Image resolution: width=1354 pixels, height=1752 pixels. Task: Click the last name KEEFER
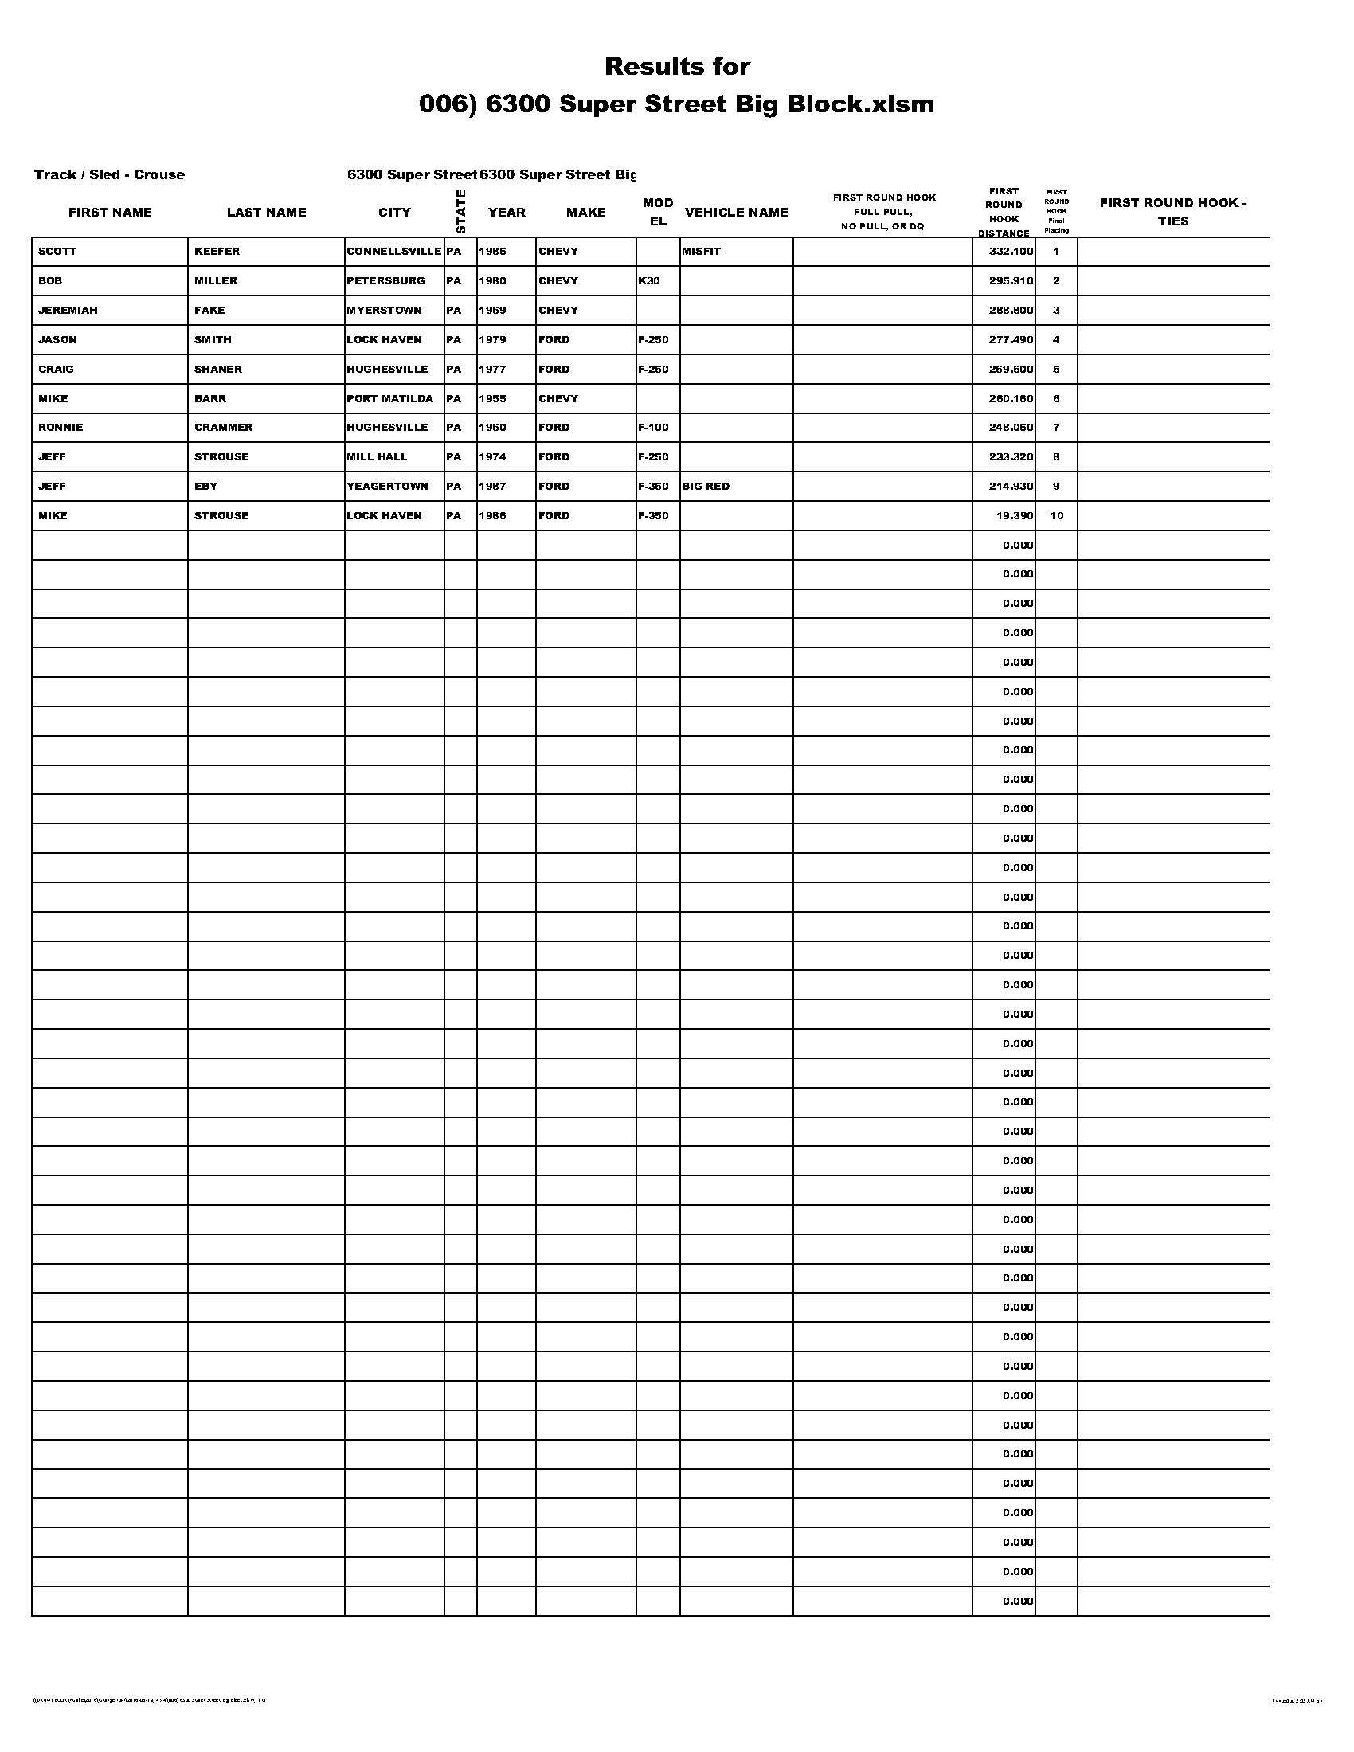click(x=217, y=251)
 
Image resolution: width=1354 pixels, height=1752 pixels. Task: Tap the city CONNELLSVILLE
click(x=393, y=251)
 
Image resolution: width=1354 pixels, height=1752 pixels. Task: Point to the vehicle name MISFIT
click(x=701, y=251)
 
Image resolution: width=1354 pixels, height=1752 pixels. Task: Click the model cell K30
click(x=649, y=281)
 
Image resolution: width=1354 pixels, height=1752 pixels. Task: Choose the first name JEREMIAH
click(x=68, y=310)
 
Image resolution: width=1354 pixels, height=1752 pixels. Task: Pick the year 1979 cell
click(x=492, y=339)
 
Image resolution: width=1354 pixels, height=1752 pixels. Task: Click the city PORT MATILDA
click(x=389, y=398)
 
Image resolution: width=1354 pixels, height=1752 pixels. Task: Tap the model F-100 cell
click(x=653, y=427)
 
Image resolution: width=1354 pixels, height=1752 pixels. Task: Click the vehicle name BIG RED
click(x=706, y=486)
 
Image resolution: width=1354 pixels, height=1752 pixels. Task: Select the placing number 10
click(x=1056, y=515)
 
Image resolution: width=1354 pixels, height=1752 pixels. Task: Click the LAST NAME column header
click(x=266, y=213)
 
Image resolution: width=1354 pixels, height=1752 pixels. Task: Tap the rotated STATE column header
click(x=460, y=212)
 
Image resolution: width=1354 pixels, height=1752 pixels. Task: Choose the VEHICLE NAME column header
click(x=737, y=213)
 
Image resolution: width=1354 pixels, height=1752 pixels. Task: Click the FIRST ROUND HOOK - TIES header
click(x=1172, y=212)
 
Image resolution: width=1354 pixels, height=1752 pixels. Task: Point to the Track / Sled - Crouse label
click(x=109, y=175)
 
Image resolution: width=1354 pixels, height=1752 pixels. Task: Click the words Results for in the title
click(x=677, y=67)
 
